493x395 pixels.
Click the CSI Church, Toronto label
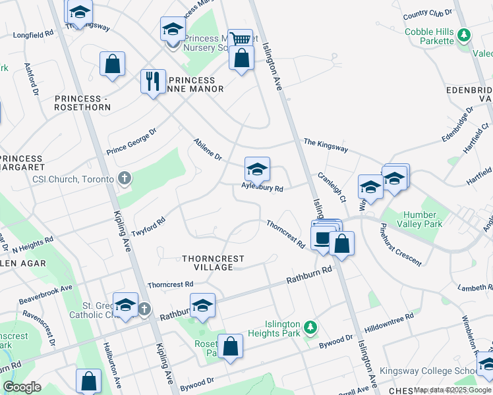click(x=72, y=179)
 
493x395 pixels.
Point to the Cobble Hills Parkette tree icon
click(x=464, y=34)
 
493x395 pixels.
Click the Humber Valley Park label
click(x=414, y=220)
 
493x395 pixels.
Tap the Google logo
click(x=22, y=388)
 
